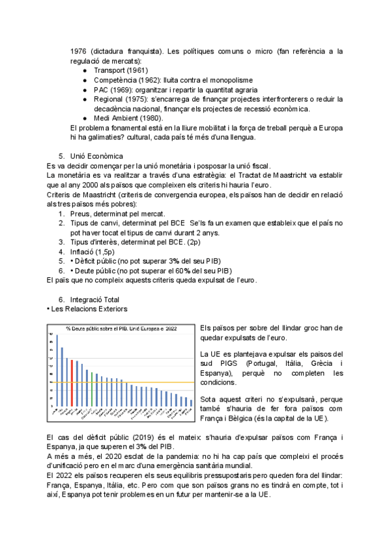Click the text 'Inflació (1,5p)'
(x=96, y=251)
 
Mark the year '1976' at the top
(x=79, y=51)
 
